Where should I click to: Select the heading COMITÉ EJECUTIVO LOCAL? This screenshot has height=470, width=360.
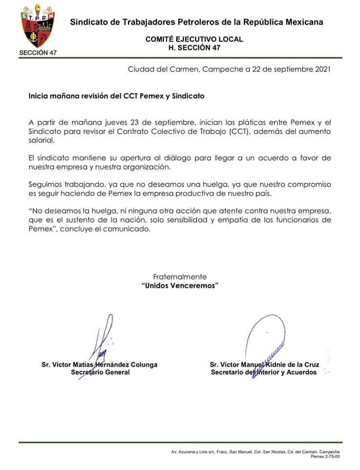194,40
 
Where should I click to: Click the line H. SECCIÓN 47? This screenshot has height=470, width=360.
194,47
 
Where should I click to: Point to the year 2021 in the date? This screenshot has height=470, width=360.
321,70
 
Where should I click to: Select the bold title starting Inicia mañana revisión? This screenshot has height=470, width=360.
116,96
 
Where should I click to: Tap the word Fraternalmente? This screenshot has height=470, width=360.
180,277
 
